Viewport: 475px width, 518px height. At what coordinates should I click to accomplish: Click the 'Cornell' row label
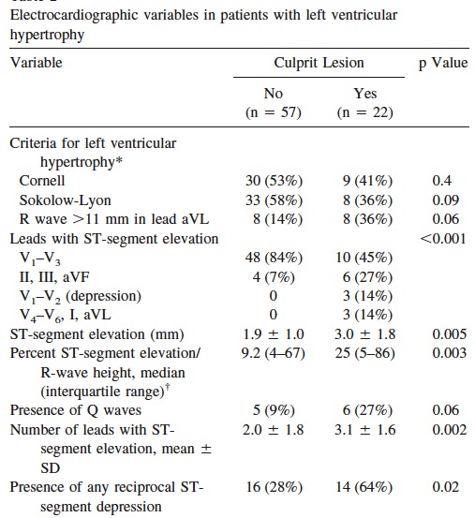[x=42, y=180]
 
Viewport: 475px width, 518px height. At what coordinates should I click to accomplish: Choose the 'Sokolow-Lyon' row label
[x=62, y=200]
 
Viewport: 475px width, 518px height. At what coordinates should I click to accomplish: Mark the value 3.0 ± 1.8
[x=364, y=334]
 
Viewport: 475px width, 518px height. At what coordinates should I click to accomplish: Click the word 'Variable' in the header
[x=36, y=64]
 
